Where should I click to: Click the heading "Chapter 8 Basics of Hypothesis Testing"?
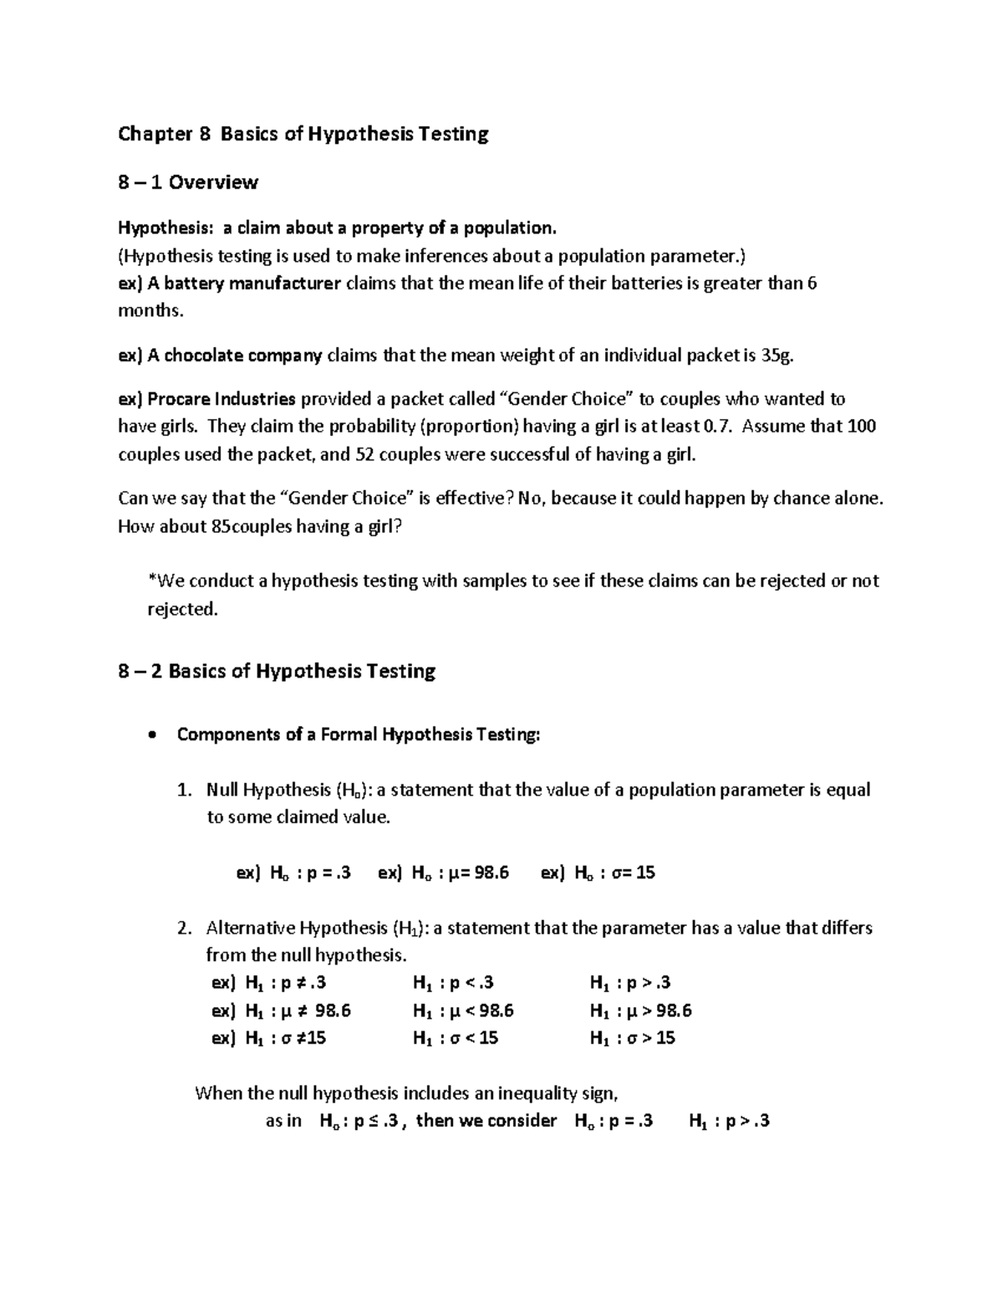point(303,134)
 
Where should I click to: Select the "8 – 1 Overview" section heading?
point(188,182)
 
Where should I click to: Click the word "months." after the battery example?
point(150,311)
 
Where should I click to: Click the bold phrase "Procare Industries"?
point(221,399)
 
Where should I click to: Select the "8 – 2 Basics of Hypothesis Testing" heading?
point(277,671)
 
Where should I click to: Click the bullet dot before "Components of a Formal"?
point(150,736)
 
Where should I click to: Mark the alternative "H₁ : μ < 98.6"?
point(463,1010)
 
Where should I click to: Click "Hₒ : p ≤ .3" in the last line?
point(359,1121)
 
